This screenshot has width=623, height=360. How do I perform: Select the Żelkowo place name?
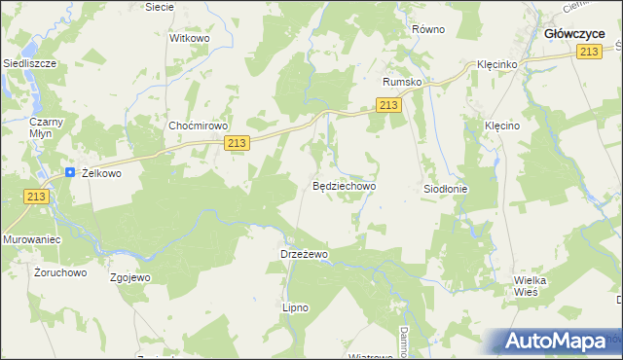100,173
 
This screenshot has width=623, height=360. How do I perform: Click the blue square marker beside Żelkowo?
70,172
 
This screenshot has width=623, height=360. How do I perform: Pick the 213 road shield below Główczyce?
587,53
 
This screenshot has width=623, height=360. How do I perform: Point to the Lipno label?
295,307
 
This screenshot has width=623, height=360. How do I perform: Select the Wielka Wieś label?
531,286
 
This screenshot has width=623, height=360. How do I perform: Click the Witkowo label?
190,38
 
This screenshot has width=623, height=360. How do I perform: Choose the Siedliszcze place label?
29,62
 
